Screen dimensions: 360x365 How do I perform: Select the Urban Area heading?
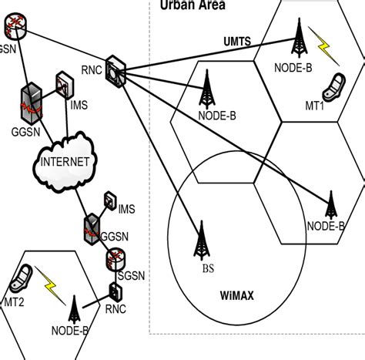pos(193,5)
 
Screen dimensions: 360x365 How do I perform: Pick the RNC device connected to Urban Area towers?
pos(116,69)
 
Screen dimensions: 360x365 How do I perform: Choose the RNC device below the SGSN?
pos(116,293)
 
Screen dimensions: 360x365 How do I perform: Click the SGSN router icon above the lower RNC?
pos(115,258)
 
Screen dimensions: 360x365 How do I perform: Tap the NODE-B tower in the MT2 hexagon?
pos(75,311)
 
